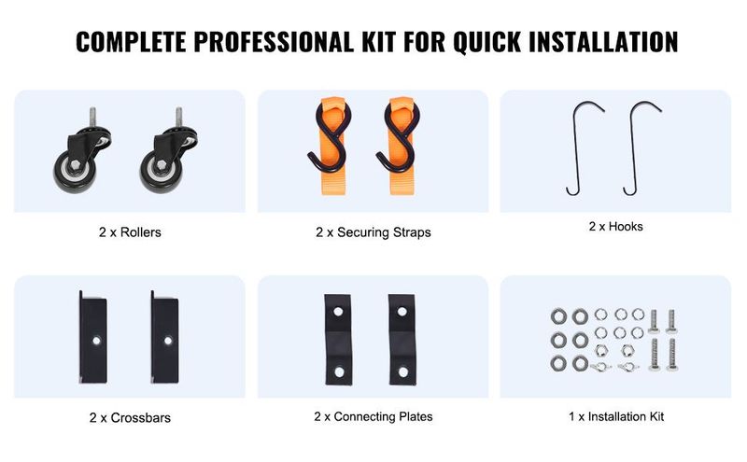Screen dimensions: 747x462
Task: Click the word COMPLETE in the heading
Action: point(131,41)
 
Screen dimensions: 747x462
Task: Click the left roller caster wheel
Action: point(75,174)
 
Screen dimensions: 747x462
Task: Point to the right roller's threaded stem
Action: point(178,118)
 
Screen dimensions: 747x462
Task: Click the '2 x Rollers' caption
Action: point(130,232)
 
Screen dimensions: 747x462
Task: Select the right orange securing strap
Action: point(402,147)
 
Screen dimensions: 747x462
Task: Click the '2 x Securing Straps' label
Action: point(373,232)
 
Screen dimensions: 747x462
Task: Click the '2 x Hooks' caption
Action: point(615,227)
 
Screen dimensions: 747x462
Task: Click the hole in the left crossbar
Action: point(97,341)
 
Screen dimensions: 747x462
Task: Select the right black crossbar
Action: point(165,337)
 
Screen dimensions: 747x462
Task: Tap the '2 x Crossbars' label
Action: point(130,418)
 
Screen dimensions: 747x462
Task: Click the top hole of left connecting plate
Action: point(338,312)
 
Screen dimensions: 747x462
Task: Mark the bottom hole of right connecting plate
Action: point(403,371)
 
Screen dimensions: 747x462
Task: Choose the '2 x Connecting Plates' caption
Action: point(373,417)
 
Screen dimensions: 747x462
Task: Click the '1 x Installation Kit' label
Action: point(616,417)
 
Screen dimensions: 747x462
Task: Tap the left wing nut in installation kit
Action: point(600,367)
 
